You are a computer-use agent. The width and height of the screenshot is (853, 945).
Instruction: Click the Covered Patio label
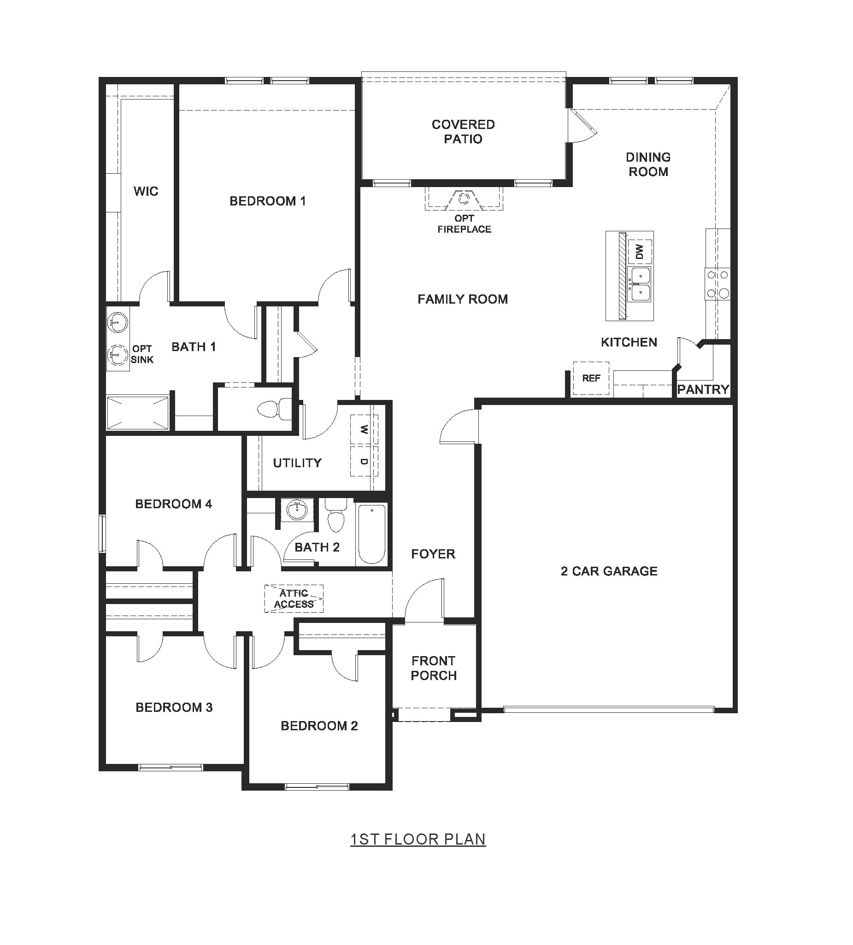pos(463,132)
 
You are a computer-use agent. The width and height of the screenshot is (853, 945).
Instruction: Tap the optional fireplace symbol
pos(464,199)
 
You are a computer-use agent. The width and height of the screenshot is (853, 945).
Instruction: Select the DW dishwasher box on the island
pos(640,252)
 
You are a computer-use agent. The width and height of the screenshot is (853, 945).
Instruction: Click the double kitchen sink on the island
pos(640,284)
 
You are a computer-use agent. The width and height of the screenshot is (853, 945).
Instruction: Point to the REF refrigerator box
pos(591,378)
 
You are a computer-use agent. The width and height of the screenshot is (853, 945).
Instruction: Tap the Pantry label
pos(703,389)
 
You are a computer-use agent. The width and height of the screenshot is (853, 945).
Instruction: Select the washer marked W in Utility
pos(364,429)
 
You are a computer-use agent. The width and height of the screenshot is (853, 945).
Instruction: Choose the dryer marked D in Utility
pos(364,462)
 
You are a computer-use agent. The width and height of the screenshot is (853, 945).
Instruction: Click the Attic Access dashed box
pos(294,599)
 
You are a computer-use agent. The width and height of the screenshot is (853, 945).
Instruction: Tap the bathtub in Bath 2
pos(372,534)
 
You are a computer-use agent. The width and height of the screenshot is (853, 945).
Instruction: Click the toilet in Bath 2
pos(335,516)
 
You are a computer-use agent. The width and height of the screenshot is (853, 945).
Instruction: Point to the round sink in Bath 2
pos(297,510)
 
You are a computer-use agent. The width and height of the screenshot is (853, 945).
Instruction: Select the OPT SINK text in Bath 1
pos(142,354)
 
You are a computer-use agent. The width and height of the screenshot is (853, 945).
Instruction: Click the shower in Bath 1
pos(137,413)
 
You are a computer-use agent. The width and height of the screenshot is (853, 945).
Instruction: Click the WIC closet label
pos(146,191)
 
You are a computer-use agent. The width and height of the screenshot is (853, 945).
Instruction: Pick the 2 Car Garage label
pos(609,571)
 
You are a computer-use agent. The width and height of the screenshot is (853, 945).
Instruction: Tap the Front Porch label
pos(434,668)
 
